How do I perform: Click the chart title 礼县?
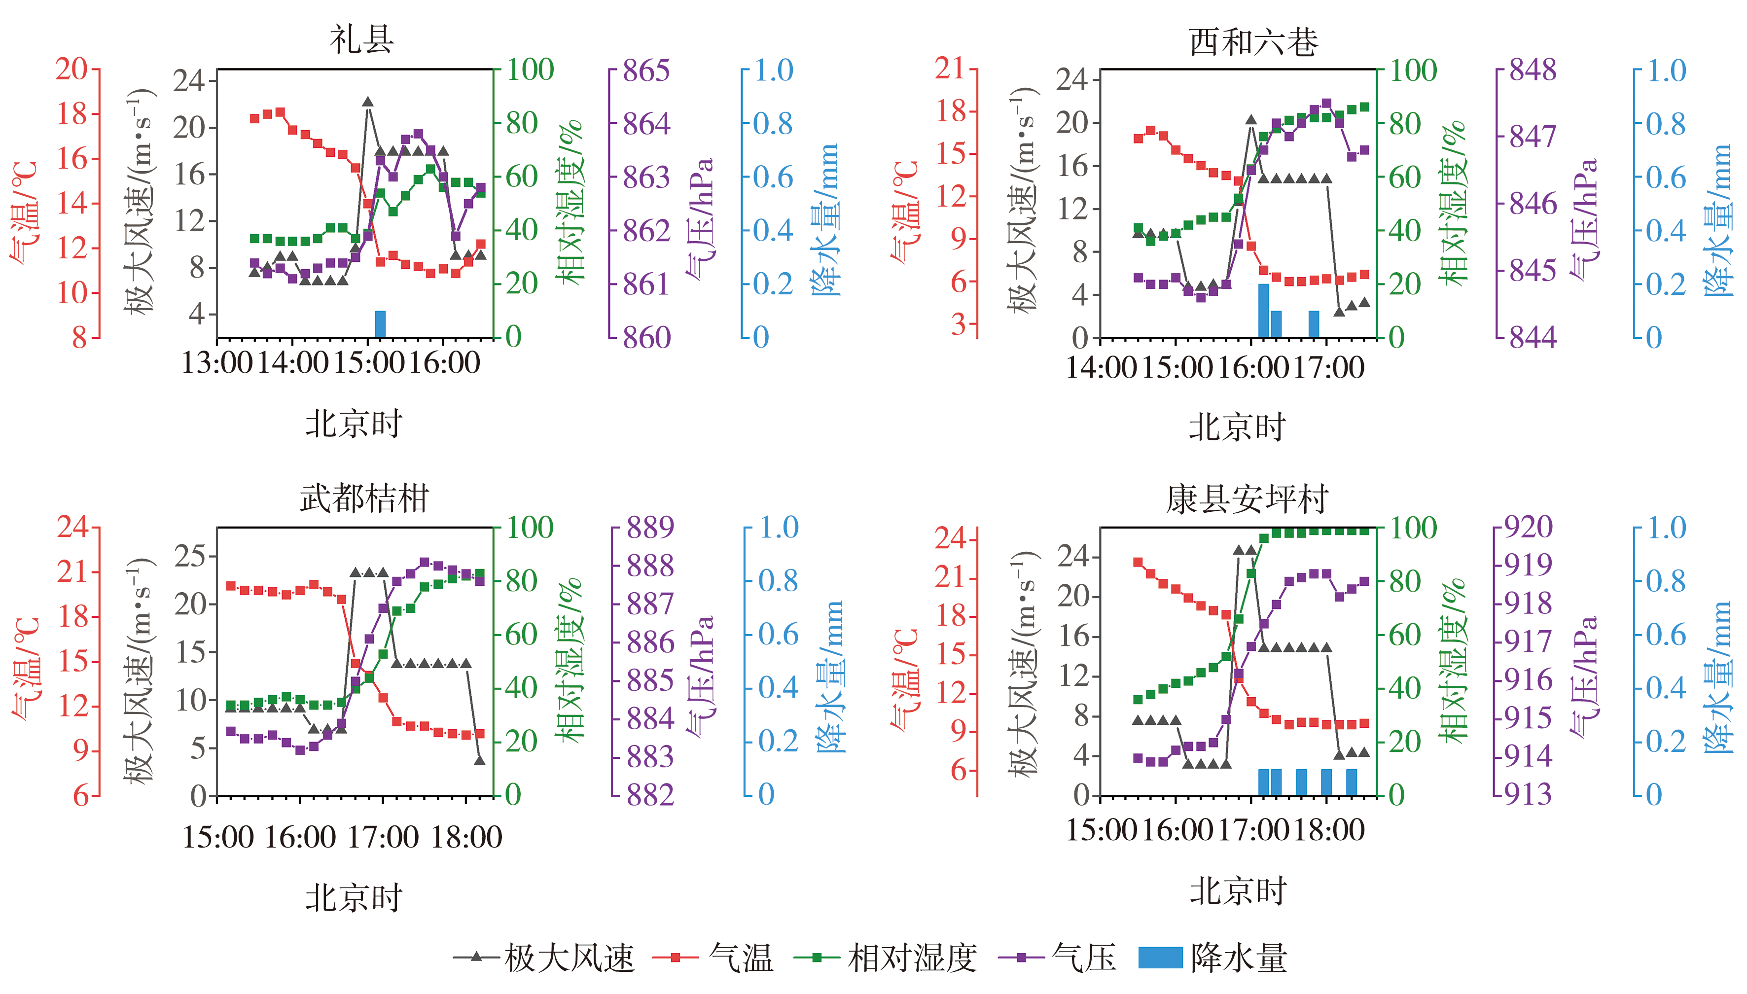click(362, 39)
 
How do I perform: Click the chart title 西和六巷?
click(1253, 42)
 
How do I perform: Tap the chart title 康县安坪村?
click(1247, 499)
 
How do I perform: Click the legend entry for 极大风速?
click(543, 958)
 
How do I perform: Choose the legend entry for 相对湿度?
click(886, 958)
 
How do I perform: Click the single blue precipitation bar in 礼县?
click(380, 324)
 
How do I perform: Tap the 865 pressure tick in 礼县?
click(646, 71)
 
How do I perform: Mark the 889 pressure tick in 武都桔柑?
click(650, 527)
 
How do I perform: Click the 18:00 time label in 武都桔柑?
click(466, 838)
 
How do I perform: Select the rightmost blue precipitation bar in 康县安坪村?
click(1352, 782)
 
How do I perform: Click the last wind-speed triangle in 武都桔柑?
click(480, 760)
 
